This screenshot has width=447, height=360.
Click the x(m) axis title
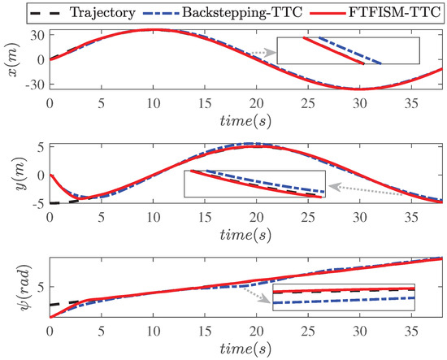11,59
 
